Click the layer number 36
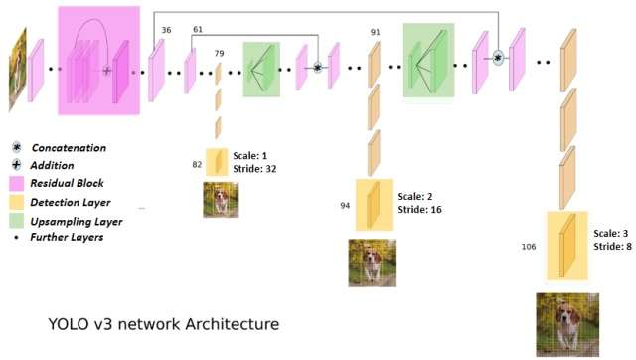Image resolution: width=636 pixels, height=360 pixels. [166, 30]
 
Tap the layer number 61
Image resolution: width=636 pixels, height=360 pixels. [198, 29]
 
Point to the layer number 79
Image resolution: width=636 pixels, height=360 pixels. [219, 53]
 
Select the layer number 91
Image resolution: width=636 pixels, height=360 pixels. [376, 32]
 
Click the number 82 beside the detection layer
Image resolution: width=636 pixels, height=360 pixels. [197, 164]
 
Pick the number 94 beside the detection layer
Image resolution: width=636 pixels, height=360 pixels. [345, 206]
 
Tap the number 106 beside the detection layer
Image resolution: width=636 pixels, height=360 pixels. [529, 247]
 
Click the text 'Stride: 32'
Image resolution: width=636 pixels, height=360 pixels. [254, 169]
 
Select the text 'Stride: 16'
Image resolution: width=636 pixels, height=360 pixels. [419, 210]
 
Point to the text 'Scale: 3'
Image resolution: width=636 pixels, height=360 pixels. [611, 233]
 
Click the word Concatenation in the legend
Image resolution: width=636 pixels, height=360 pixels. [69, 148]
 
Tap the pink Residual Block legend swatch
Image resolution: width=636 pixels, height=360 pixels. [17, 183]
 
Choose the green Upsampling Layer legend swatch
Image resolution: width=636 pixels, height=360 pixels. [17, 221]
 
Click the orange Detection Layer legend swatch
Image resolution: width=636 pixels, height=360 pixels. [17, 202]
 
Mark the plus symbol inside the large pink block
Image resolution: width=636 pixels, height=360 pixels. [106, 71]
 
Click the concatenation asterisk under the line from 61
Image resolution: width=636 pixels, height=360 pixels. [318, 67]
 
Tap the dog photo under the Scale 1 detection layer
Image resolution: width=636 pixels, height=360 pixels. [221, 200]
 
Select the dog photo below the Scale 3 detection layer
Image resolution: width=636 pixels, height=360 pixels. [567, 324]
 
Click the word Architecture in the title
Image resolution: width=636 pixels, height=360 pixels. [233, 324]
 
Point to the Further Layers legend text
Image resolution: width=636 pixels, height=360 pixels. [67, 237]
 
